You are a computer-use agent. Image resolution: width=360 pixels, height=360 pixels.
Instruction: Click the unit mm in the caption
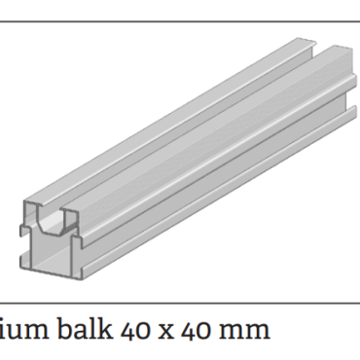coord(247,331)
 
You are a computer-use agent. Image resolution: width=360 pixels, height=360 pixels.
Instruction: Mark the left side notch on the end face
coord(24,230)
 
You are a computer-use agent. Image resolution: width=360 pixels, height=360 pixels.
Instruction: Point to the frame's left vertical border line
coord(2,146)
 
